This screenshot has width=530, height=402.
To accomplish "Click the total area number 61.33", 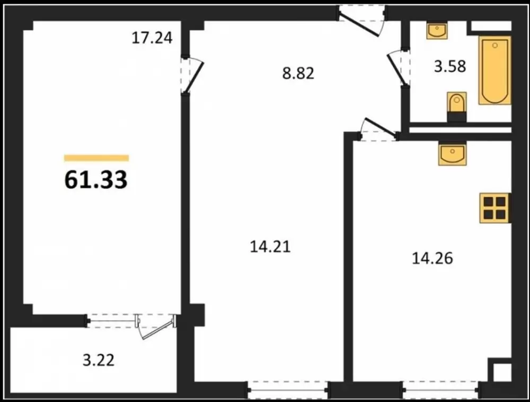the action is [x=95, y=179].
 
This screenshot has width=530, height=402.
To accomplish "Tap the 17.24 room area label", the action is [x=152, y=38].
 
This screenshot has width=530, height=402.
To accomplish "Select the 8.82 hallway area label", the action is [x=298, y=73].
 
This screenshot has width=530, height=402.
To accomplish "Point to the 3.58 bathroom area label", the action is [x=450, y=66].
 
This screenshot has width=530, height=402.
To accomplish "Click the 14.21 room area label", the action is [x=270, y=247].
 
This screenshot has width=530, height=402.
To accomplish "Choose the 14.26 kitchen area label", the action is [x=432, y=258].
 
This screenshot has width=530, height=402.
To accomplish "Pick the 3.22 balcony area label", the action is [x=99, y=360].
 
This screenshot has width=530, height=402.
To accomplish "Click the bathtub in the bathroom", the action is [x=494, y=71].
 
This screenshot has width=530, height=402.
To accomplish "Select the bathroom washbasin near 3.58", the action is [x=437, y=31].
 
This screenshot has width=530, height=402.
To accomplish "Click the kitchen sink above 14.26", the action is [x=452, y=154].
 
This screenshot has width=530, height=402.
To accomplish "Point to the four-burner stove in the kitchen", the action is [x=495, y=208].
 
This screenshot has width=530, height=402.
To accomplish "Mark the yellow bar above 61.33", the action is [x=96, y=158].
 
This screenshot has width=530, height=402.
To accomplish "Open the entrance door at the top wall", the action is [x=362, y=20].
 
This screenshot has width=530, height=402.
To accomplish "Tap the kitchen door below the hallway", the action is [x=378, y=129].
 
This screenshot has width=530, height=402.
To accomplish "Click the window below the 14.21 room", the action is [x=288, y=390].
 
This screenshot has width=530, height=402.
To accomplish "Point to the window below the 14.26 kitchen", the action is [x=440, y=390].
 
